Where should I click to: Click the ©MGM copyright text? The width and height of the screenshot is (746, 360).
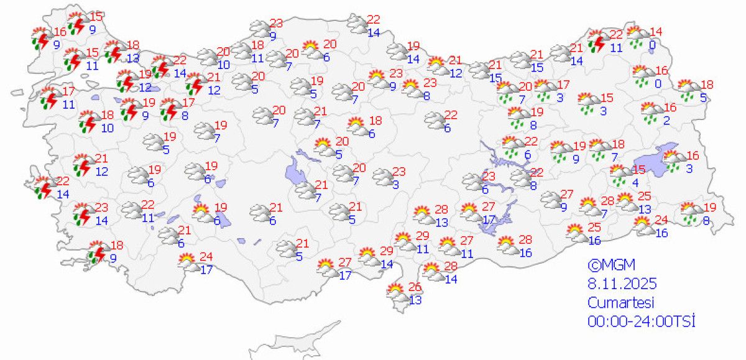click(611, 265)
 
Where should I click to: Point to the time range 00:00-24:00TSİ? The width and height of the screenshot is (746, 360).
click(640, 321)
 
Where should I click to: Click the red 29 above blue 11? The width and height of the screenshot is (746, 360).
click(422, 236)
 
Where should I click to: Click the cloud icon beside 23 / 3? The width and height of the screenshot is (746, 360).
click(384, 177)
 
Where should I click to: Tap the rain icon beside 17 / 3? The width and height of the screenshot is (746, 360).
click(545, 90)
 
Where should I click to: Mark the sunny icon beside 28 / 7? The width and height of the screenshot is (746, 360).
click(587, 205)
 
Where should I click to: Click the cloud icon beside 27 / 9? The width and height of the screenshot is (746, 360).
click(550, 200)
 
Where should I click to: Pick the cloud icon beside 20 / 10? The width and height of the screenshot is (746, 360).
click(208, 57)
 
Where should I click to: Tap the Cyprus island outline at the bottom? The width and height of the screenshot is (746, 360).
click(292, 343)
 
